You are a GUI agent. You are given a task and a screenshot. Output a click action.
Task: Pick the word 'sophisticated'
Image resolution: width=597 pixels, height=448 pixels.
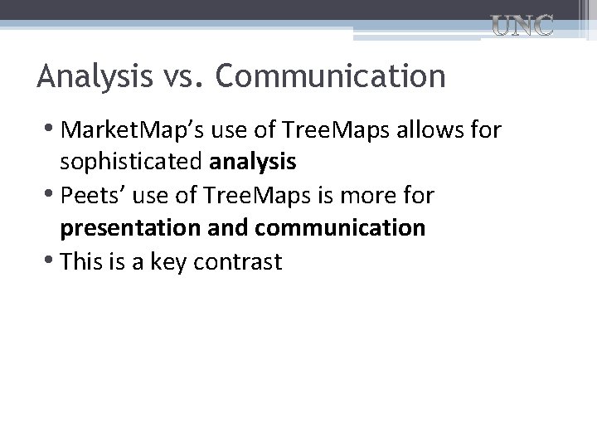[137, 162]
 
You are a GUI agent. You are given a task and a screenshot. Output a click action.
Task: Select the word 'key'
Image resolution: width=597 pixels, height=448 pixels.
[167, 262]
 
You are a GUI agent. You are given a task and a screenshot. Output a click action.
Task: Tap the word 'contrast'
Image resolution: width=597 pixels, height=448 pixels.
[239, 262]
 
